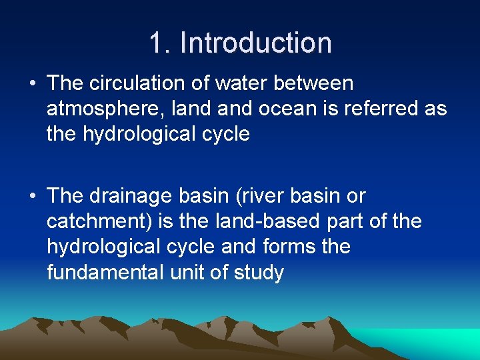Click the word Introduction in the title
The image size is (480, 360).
256,43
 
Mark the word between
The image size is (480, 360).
317,83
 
